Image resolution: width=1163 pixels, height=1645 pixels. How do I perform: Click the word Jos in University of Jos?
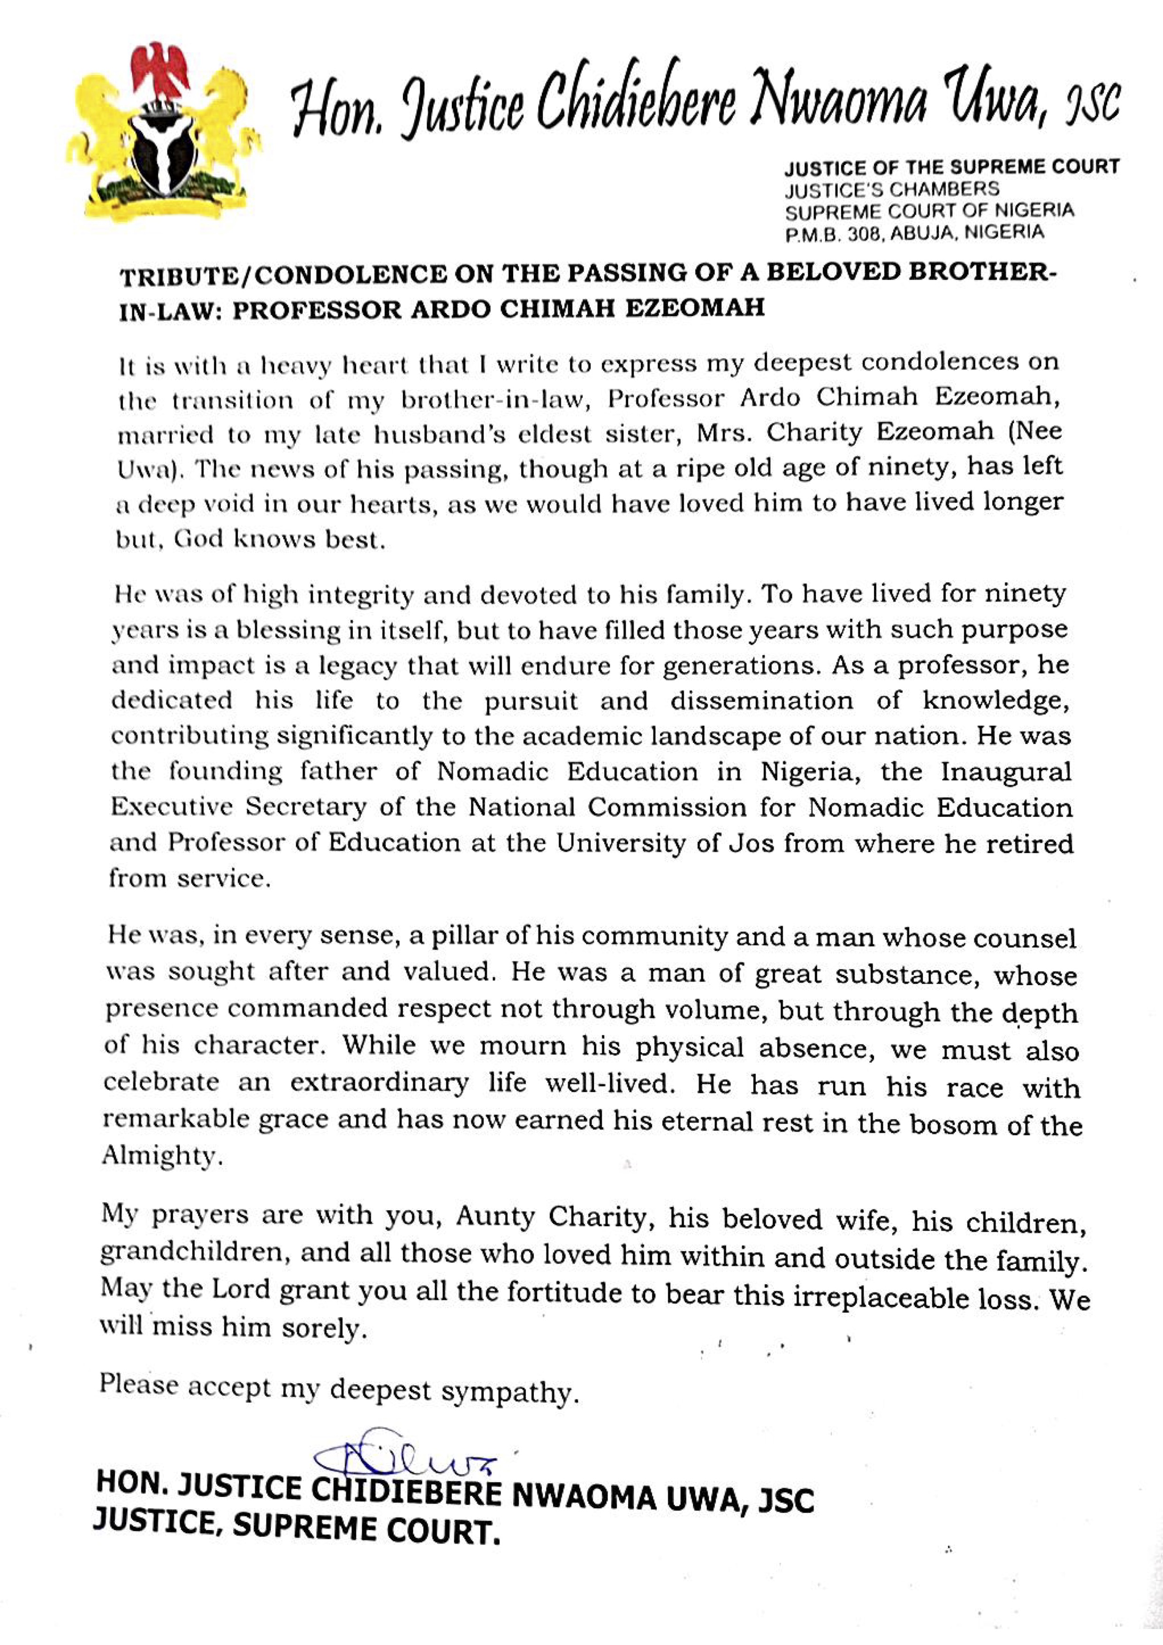coord(750,843)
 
